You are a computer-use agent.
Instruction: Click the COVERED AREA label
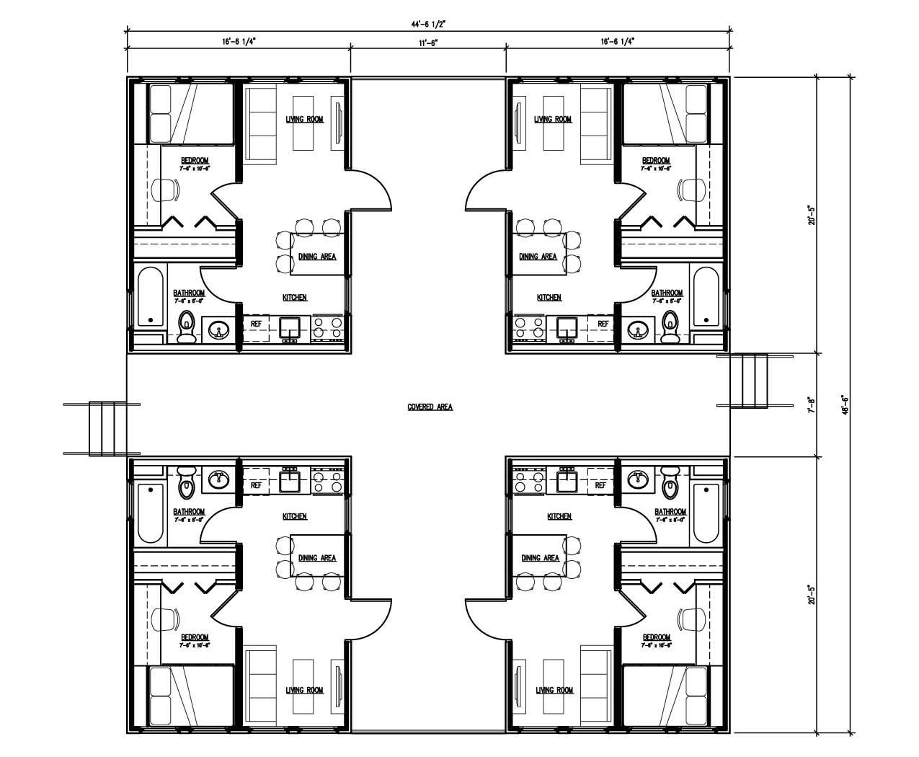point(430,407)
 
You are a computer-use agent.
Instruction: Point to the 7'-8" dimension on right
point(811,404)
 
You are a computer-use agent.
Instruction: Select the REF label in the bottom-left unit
point(256,485)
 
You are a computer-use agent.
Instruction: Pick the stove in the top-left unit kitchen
point(327,328)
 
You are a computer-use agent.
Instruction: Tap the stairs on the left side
point(102,429)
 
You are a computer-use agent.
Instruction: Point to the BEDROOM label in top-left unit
point(194,160)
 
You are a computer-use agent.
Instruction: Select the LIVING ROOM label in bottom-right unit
point(554,690)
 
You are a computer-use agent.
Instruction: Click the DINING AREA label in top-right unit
point(538,257)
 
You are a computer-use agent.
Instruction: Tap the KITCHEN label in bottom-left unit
point(294,516)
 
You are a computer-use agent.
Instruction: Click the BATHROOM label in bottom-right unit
point(670,512)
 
